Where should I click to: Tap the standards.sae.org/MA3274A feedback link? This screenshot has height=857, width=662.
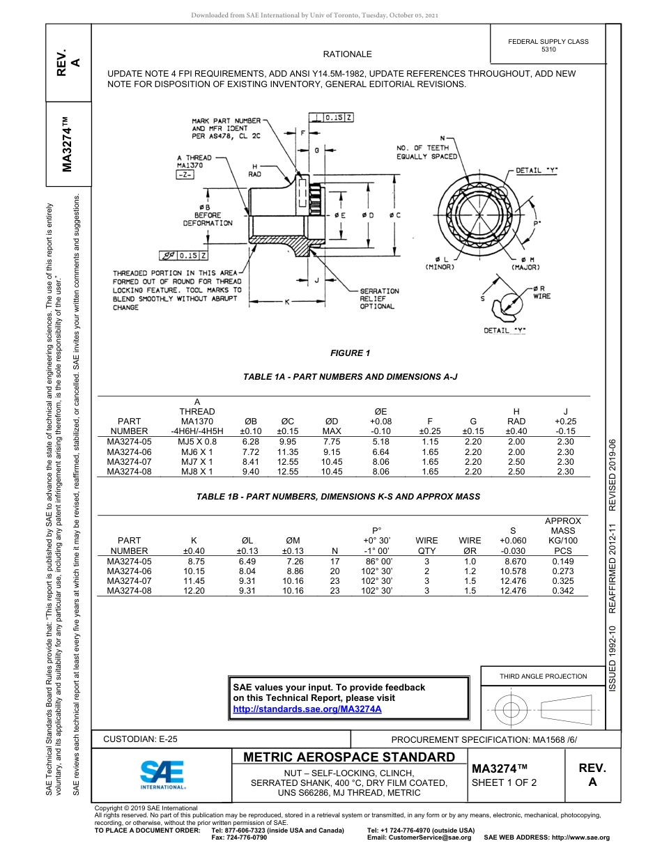tap(307, 709)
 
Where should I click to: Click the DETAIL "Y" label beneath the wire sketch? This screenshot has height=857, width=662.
tap(505, 330)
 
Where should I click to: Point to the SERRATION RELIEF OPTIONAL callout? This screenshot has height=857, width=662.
tap(379, 299)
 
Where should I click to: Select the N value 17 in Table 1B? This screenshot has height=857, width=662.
tap(334, 561)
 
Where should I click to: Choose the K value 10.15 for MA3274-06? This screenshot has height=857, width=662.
tap(196, 571)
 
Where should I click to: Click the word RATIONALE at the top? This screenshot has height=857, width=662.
tap(347, 54)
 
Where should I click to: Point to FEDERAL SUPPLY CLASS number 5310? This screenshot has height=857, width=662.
tap(548, 50)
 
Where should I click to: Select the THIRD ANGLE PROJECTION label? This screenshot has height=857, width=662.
tap(543, 676)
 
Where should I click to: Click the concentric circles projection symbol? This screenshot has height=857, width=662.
tap(511, 710)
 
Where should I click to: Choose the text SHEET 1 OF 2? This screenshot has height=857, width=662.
tap(504, 782)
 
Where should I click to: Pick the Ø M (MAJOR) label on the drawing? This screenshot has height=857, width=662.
tap(523, 263)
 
